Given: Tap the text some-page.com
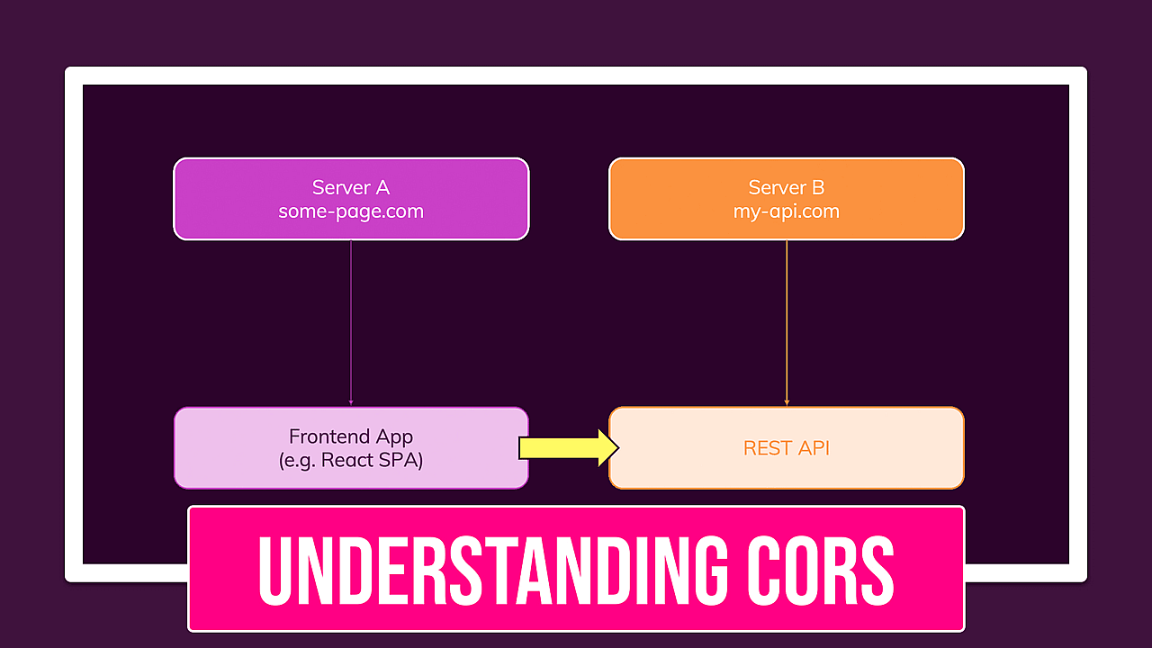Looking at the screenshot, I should tap(350, 212).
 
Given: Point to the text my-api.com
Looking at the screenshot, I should tap(786, 212).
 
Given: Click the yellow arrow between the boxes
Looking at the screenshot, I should tap(562, 448).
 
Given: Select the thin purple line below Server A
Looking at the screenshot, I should tap(350, 324).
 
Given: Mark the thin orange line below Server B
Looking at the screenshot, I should tap(787, 324).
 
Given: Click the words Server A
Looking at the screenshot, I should tap(350, 187).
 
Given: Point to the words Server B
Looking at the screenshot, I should tap(786, 187).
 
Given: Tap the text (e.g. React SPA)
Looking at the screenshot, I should tap(350, 460).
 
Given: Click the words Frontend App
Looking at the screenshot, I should tap(350, 436).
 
